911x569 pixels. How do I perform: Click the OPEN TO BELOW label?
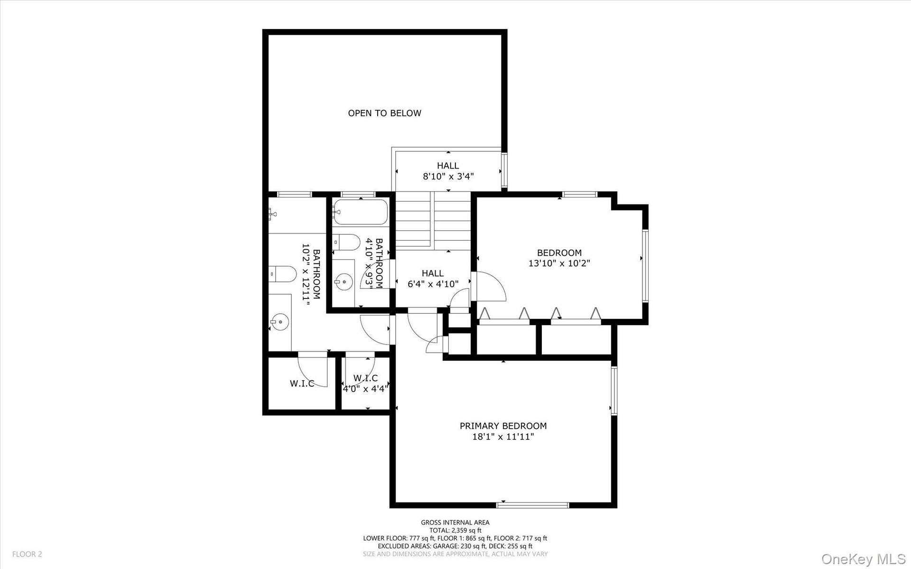(384, 113)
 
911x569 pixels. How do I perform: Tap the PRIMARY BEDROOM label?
(503, 426)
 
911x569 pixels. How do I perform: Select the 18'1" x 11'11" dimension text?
(503, 437)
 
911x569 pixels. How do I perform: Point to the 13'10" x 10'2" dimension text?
(559, 263)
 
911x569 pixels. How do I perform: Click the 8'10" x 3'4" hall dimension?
(448, 177)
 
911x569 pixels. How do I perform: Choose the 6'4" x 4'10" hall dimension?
(433, 284)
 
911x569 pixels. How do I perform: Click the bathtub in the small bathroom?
(360, 212)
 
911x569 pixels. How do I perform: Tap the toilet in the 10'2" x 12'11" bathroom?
(282, 274)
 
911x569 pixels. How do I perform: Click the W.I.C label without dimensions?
(302, 383)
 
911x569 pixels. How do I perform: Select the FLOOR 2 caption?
(27, 554)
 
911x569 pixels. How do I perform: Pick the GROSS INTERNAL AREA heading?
(455, 522)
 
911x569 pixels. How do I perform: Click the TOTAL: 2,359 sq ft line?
(455, 531)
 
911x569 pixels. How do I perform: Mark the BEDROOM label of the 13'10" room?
(559, 253)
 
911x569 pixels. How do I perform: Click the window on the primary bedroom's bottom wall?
(533, 505)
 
